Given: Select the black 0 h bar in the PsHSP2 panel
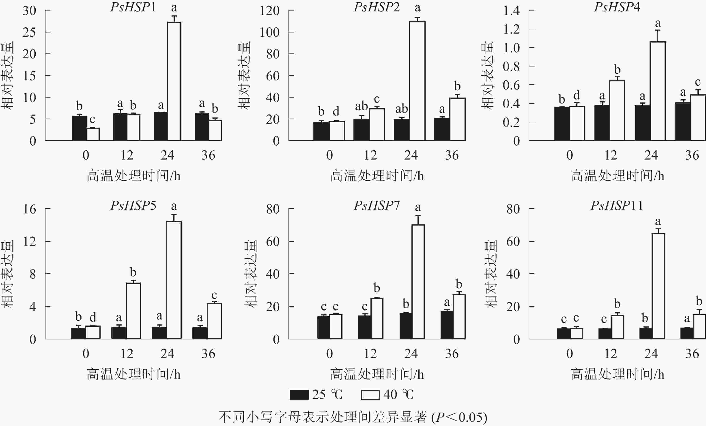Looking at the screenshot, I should tap(321, 132).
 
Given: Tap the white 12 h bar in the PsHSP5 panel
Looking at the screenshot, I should tap(133, 311).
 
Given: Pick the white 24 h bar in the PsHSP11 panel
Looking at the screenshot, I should tap(658, 286).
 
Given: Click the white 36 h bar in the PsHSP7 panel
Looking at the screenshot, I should tap(459, 317).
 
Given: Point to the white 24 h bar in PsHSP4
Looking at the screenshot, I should tap(658, 92).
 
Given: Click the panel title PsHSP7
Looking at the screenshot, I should tap(377, 206).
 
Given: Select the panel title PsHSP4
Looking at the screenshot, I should tap(617, 7).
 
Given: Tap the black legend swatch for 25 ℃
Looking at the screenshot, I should tap(299, 394).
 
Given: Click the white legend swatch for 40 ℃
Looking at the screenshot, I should tap(370, 394).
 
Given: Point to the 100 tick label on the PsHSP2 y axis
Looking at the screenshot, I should tap(269, 32).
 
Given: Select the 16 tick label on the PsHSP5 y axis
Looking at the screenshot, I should tap(30, 209).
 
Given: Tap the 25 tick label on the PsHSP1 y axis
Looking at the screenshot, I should tap(29, 32).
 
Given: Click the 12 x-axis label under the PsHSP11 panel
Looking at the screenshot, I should tap(610, 354).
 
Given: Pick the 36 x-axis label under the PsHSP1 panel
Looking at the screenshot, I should tap(208, 155).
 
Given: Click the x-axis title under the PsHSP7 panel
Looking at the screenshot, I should tap(377, 375).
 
